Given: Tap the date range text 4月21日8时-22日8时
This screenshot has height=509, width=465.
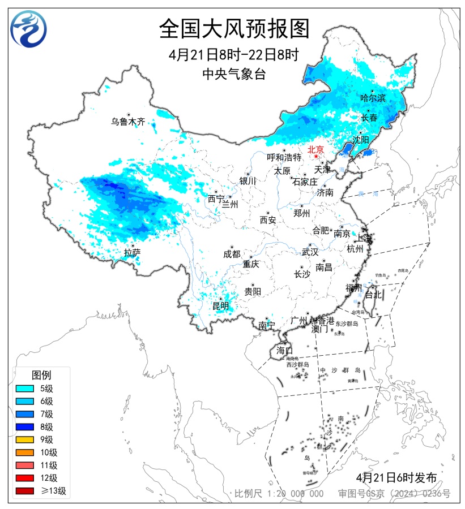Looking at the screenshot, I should (x=233, y=55).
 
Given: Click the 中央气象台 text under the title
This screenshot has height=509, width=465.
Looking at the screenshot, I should (x=233, y=74).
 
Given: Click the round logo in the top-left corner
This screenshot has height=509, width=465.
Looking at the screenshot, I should (x=28, y=28).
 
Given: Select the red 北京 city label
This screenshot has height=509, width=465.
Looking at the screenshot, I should (x=315, y=150).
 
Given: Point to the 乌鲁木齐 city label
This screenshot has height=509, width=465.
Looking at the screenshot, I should (x=128, y=121).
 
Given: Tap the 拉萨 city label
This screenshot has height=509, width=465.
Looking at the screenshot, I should (x=132, y=252).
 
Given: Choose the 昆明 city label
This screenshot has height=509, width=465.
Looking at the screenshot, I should (x=220, y=306).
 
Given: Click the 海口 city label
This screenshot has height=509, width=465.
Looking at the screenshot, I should (x=284, y=350).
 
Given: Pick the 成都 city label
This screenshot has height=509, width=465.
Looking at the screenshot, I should (x=232, y=254).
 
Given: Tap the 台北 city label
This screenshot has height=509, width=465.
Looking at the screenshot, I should (x=374, y=295).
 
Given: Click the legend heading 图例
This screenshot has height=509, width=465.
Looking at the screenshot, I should (x=41, y=374).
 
